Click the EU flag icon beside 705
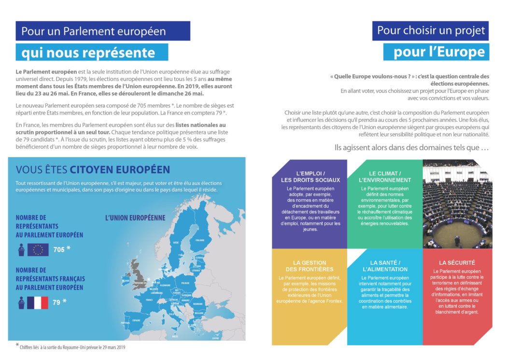pos(38,250)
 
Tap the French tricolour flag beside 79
pos(38,302)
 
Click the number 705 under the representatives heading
pos(59,249)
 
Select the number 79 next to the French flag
pos(57,302)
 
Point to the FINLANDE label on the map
pos(199,240)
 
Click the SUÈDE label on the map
pos(176,243)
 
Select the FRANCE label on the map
pos(148,300)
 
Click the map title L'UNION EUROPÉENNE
pos(135,218)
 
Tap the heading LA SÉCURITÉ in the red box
pos(457,262)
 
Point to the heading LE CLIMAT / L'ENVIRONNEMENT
pos(385,176)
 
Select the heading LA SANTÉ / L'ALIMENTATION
pos(385,266)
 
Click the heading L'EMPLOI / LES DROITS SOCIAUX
pos(310,176)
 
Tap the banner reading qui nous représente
pos(92,52)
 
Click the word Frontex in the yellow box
pos(333,301)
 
